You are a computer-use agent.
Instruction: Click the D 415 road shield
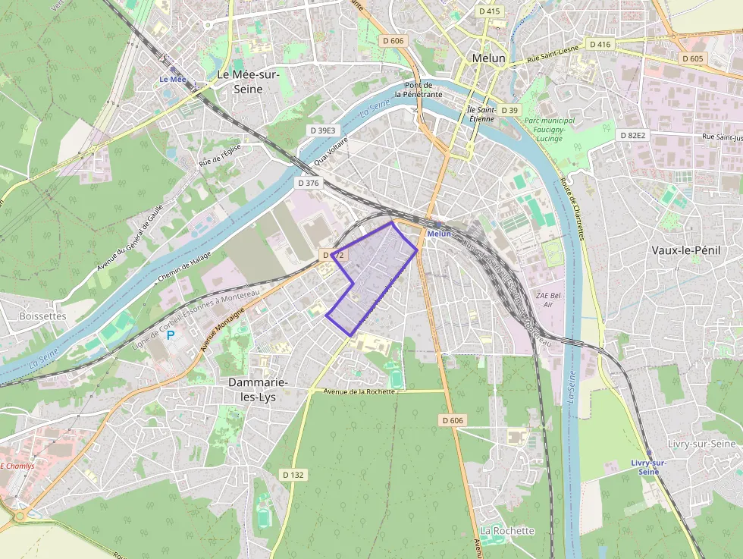(x=490, y=11)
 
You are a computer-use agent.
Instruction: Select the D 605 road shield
(x=692, y=58)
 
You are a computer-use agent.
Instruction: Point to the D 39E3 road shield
(x=322, y=130)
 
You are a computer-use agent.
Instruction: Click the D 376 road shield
(x=309, y=183)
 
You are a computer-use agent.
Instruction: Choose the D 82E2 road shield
(x=632, y=135)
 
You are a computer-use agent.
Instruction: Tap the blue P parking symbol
(x=171, y=334)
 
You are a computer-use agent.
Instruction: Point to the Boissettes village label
(x=42, y=316)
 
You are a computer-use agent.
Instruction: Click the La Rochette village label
(x=507, y=530)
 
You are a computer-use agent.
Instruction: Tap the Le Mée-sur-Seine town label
(x=248, y=82)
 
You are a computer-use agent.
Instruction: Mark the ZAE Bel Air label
(x=548, y=299)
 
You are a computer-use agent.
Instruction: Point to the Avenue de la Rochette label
(x=359, y=391)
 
